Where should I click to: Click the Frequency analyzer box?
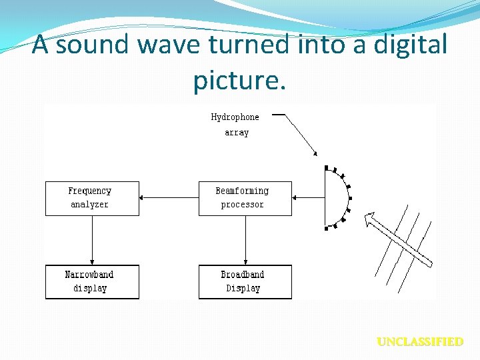(92, 198)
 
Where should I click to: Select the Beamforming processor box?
(245, 198)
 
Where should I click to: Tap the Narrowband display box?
(92, 282)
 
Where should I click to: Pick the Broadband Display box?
(245, 282)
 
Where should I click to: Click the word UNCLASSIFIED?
(420, 342)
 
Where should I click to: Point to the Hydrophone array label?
(235, 125)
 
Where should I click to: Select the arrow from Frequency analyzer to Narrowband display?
(92, 240)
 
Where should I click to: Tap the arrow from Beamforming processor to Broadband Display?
(245, 240)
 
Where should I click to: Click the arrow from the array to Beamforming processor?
(308, 197)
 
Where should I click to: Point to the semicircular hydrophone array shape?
(339, 197)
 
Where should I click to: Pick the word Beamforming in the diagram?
(242, 191)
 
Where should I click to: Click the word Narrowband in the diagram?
(89, 275)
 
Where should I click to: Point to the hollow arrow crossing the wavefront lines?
(398, 239)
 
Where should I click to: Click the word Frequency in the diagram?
(90, 191)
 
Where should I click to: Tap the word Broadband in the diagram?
(243, 275)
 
